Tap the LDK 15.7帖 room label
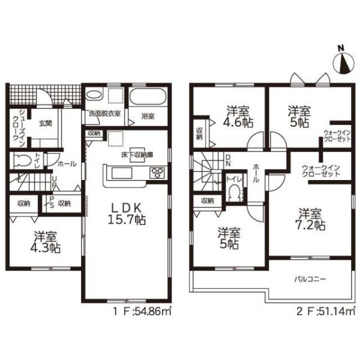click(x=127, y=214)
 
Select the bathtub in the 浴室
click(x=148, y=97)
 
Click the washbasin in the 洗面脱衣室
click(x=94, y=95)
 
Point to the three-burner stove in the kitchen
click(x=157, y=173)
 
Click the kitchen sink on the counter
click(x=122, y=173)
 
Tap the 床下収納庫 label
click(x=137, y=155)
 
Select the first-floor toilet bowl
click(x=22, y=160)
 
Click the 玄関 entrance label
click(x=45, y=123)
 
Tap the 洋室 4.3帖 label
click(x=45, y=242)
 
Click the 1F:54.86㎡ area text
click(x=142, y=311)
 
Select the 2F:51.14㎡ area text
click(x=326, y=311)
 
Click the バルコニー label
click(x=310, y=280)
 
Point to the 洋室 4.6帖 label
click(x=238, y=116)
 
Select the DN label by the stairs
click(x=229, y=160)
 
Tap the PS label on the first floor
click(x=52, y=202)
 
